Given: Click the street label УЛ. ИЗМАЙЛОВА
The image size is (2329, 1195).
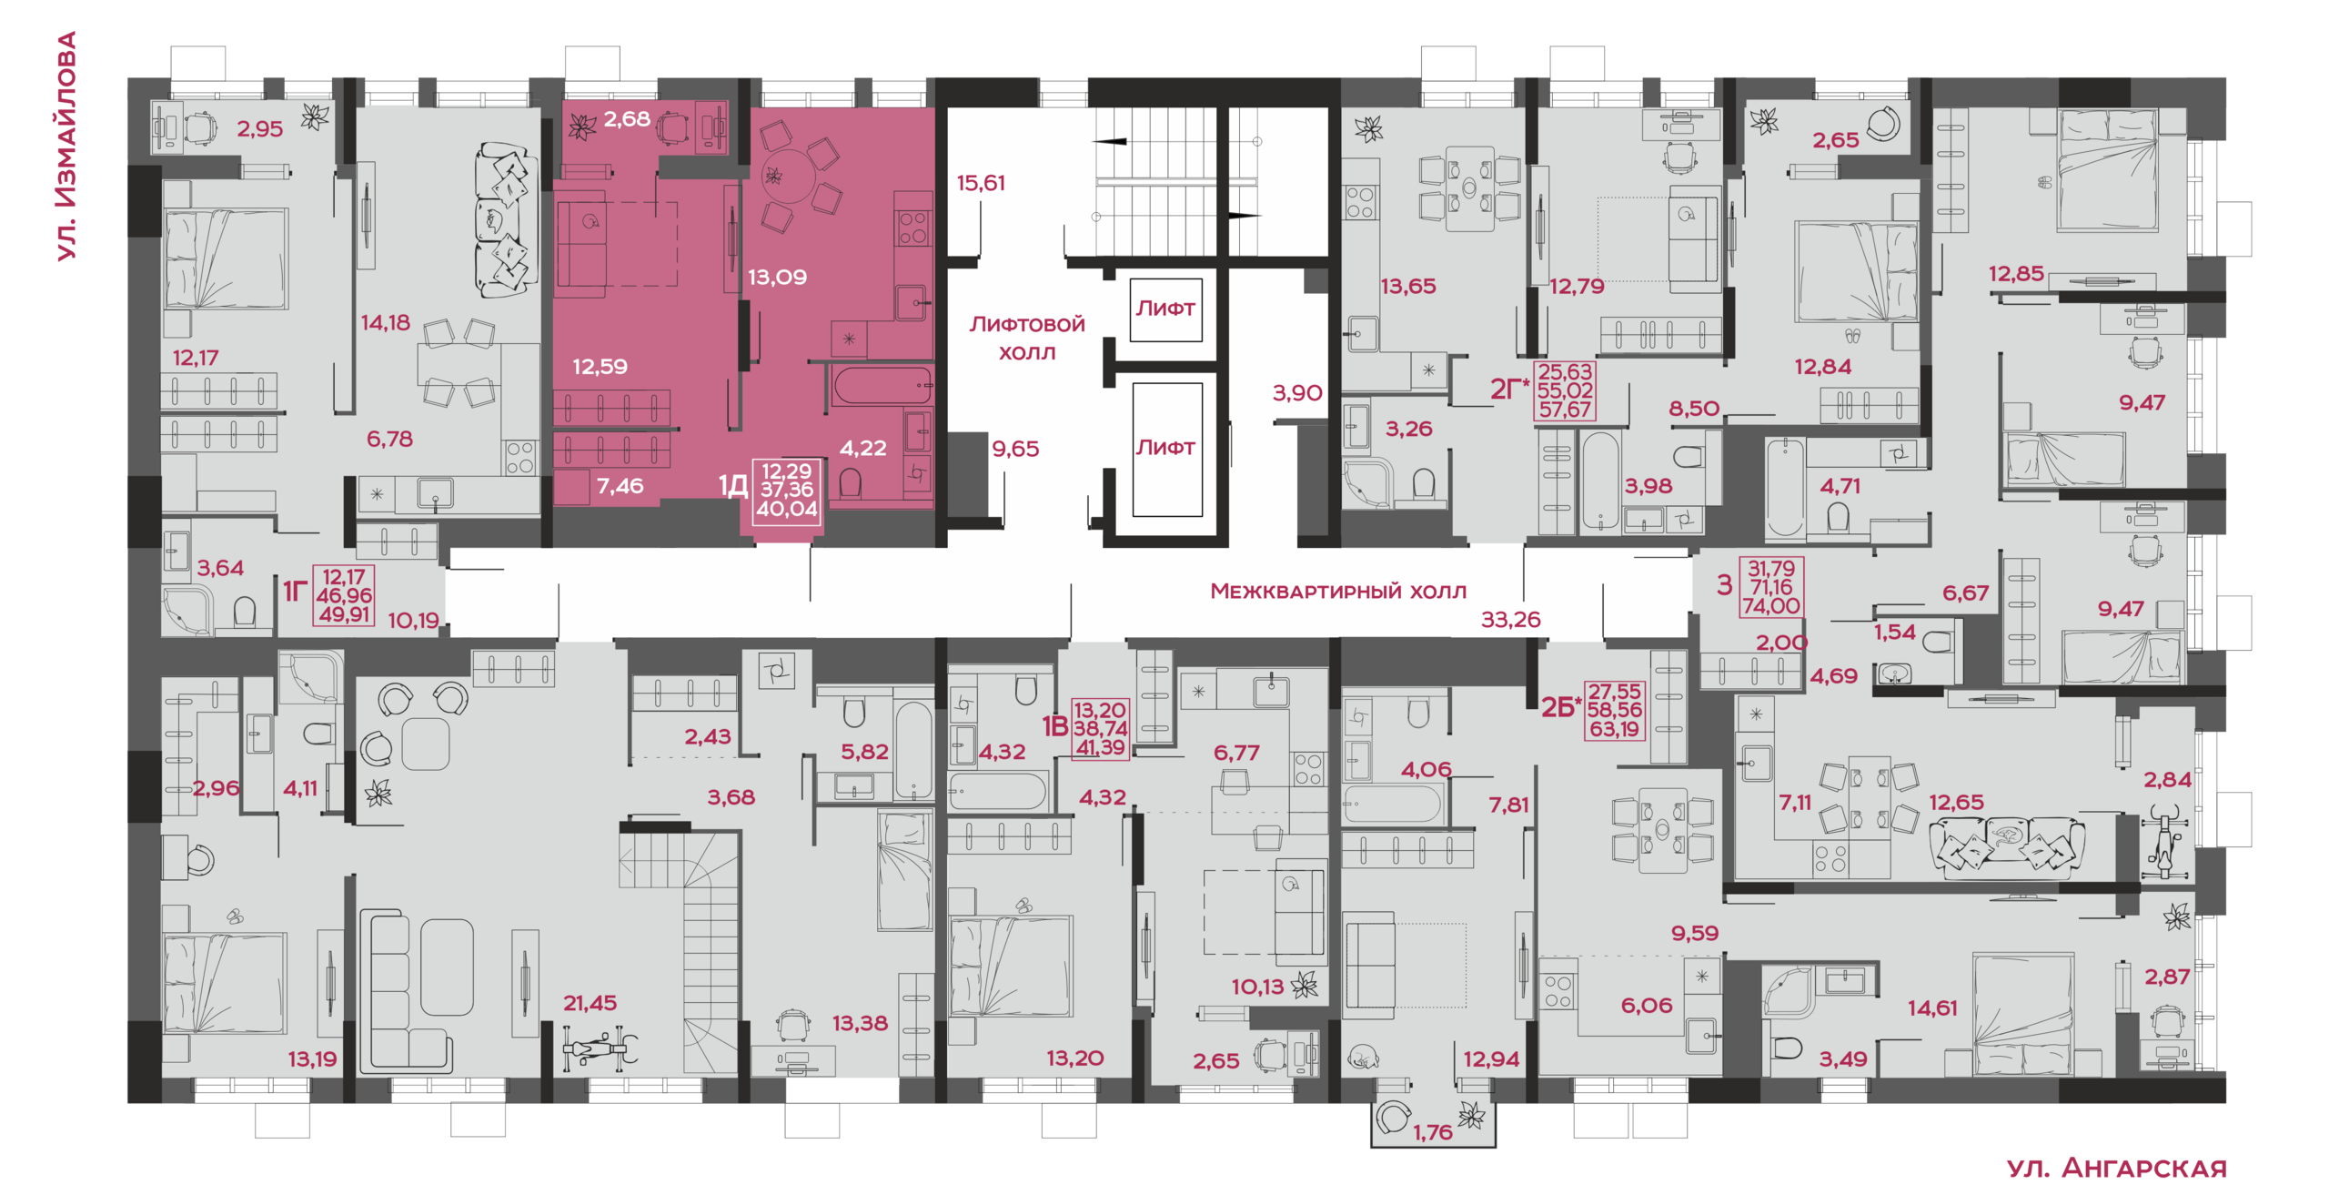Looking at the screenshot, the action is tap(66, 147).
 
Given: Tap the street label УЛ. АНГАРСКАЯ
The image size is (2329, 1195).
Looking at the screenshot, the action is tap(2116, 1168).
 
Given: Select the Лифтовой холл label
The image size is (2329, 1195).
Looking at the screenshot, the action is tap(1027, 338).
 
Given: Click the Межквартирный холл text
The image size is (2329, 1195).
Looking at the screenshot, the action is tap(1338, 592).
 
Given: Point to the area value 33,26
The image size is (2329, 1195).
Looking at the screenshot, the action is tap(1510, 620).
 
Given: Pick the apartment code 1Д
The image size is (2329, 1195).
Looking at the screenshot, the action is tap(733, 485).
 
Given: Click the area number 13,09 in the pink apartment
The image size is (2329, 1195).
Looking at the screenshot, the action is tap(777, 277).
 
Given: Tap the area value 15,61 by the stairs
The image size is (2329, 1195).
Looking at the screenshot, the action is tap(980, 183).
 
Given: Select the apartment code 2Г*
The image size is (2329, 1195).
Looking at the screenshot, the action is tap(1509, 390).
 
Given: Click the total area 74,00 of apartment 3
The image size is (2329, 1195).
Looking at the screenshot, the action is tap(1770, 606).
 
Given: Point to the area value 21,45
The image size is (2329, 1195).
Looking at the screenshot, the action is tap(590, 1003).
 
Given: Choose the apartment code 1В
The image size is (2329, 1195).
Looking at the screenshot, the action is tap(1054, 726).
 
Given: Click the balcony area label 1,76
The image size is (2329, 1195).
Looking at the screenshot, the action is tap(1433, 1132).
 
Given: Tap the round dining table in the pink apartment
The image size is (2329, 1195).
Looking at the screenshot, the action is tap(788, 176).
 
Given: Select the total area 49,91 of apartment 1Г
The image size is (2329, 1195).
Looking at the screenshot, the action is tap(344, 614).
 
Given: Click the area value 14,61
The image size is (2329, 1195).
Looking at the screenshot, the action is tap(1932, 1008).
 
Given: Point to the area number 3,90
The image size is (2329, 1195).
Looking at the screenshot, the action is tap(1296, 393).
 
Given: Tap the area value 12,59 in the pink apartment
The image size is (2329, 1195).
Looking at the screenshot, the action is tap(600, 367).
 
